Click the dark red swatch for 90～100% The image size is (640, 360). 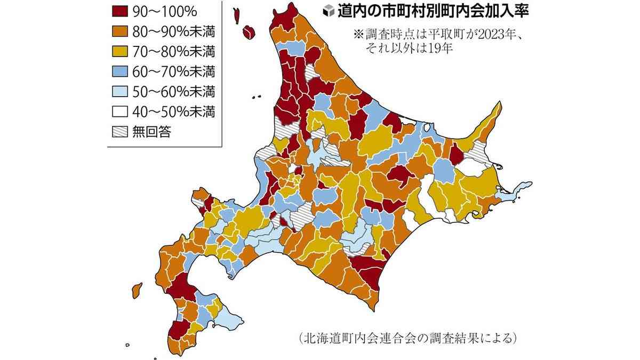click(x=120, y=11)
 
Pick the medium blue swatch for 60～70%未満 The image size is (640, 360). click(x=120, y=71)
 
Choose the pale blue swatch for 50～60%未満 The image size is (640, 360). click(x=120, y=92)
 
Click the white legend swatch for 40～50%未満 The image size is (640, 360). click(x=120, y=112)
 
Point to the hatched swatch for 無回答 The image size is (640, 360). click(x=120, y=132)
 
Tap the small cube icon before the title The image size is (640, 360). click(x=330, y=12)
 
